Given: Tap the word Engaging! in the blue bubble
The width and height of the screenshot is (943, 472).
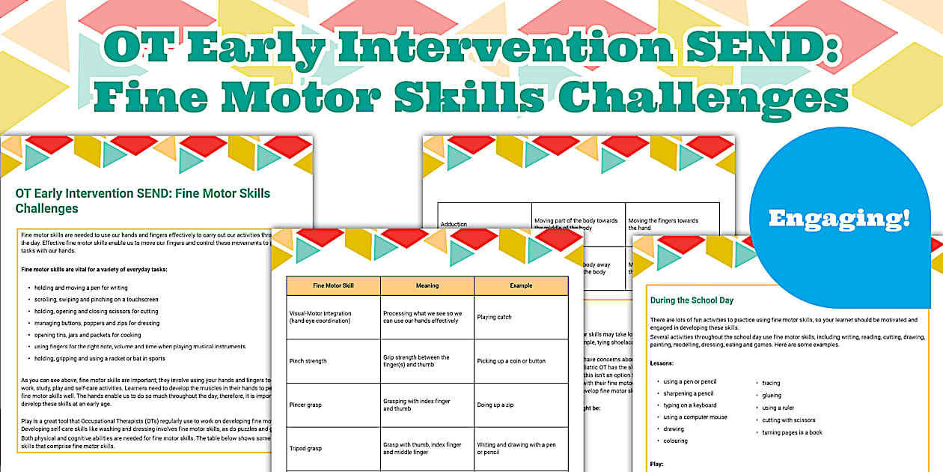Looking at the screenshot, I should tap(839, 218).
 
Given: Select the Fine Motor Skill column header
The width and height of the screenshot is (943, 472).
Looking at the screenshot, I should tap(333, 285).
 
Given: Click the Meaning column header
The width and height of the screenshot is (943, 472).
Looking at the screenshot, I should tap(427, 285).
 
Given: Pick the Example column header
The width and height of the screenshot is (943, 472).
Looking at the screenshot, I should tap(521, 285).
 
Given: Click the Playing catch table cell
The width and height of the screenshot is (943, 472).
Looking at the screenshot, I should tap(495, 317).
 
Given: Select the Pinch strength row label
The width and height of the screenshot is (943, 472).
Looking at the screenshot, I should tap(308, 361).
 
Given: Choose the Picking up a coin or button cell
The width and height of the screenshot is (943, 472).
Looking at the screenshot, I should tap(511, 361).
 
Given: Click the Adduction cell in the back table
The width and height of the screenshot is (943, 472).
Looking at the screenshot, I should tap(454, 224).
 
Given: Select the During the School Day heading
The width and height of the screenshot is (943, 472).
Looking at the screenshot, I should tap(692, 300).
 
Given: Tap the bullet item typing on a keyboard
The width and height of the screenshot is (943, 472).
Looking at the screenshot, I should tap(689, 405).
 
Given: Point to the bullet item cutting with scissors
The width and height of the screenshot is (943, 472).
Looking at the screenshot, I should tap(789, 420).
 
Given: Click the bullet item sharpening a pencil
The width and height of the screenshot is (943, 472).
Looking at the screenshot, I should tap(688, 393).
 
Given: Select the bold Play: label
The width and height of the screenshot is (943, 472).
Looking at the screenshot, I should tap(657, 465).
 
